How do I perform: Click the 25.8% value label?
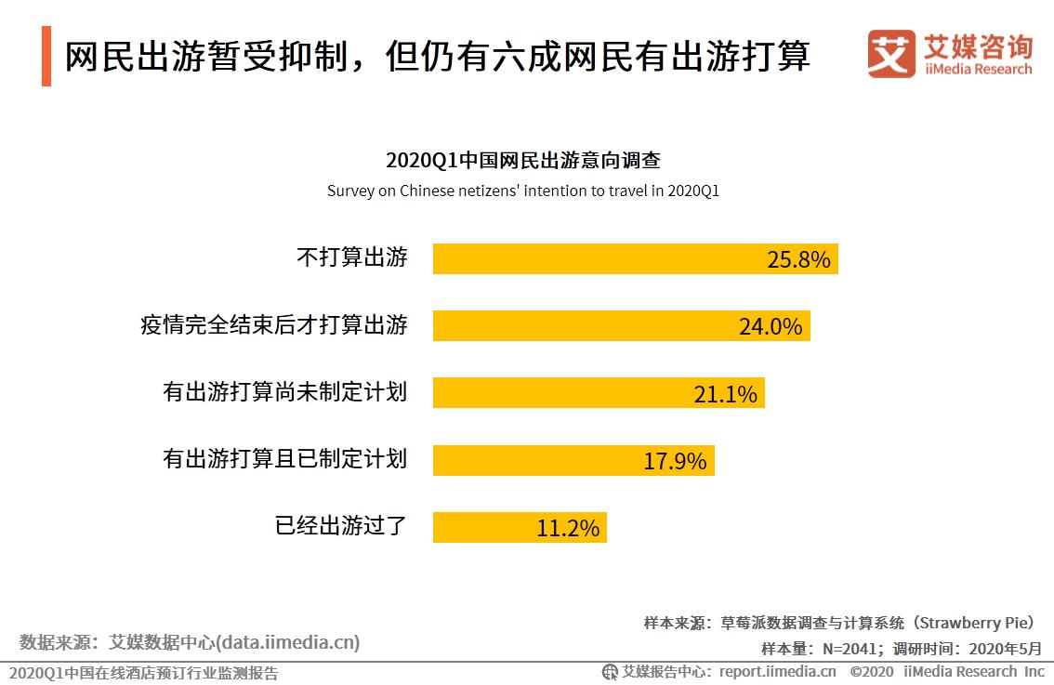(798, 259)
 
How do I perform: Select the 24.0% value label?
(771, 326)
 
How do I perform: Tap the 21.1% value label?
(725, 394)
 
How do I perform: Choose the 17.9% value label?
(675, 461)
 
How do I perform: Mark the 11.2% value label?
(568, 528)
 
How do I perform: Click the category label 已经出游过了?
(341, 526)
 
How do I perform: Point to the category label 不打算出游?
(351, 257)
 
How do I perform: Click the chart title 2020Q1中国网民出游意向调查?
(523, 160)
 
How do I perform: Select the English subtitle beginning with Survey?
(523, 191)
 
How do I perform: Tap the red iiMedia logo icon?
(891, 54)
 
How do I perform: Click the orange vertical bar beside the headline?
(46, 57)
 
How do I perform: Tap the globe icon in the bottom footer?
(610, 672)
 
